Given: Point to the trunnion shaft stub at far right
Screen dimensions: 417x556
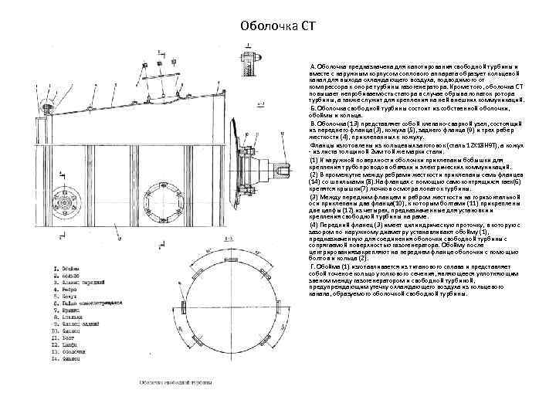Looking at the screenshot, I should [x=281, y=165].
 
